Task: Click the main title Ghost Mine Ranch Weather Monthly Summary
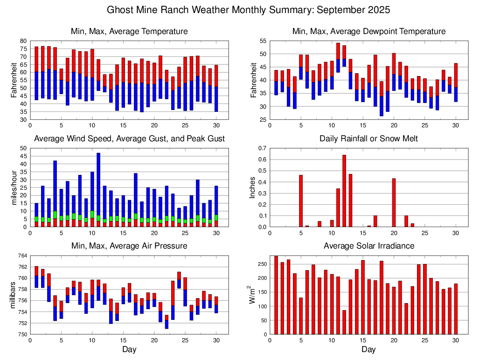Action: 249,10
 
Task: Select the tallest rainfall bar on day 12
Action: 344,191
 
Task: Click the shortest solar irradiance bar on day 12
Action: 344,322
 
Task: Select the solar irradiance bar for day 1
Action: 276,295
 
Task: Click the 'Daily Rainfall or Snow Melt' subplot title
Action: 368,139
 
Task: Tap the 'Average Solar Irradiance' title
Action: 368,246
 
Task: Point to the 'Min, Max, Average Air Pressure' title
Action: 129,246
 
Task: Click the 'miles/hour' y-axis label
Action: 14,187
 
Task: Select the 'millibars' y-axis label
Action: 14,295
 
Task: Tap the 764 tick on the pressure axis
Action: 22,256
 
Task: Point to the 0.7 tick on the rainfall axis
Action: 262,148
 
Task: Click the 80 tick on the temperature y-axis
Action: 23,41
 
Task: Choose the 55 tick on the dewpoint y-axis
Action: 263,41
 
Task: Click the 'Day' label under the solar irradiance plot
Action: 368,349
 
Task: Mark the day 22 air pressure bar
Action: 167,322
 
